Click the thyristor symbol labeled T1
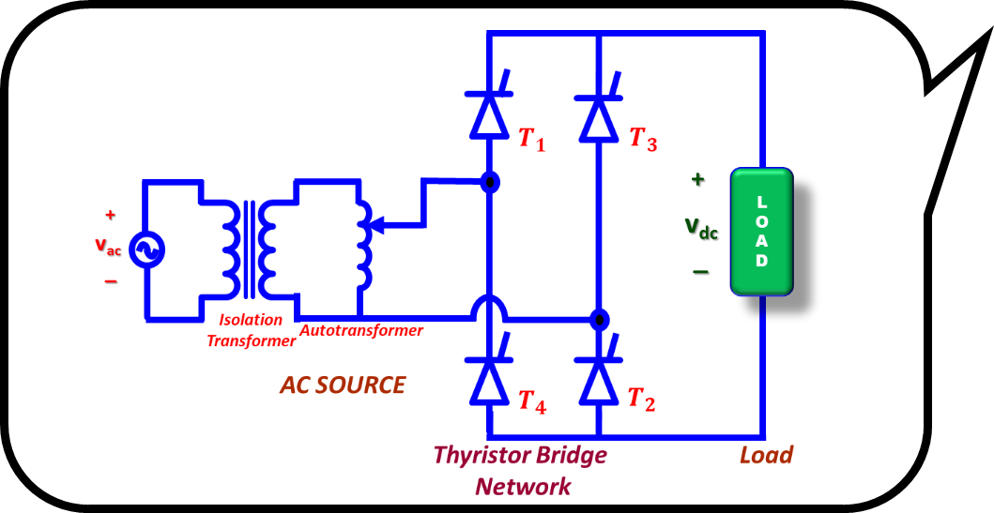click(x=489, y=113)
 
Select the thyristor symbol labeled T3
click(x=598, y=113)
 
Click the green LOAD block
click(x=762, y=232)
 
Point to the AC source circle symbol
click(x=146, y=249)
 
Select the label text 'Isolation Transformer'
click(x=251, y=331)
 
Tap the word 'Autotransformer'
click(x=361, y=330)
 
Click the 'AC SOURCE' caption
click(x=343, y=385)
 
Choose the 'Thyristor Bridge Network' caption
click(x=520, y=470)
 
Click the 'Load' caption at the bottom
click(x=766, y=456)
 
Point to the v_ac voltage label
click(x=107, y=247)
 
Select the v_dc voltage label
click(x=700, y=227)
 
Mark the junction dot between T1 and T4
click(x=489, y=182)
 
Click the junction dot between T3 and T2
click(x=598, y=319)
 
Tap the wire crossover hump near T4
click(x=489, y=309)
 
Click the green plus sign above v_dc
click(x=697, y=180)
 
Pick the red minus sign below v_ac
click(x=111, y=280)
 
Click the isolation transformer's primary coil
click(x=228, y=249)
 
